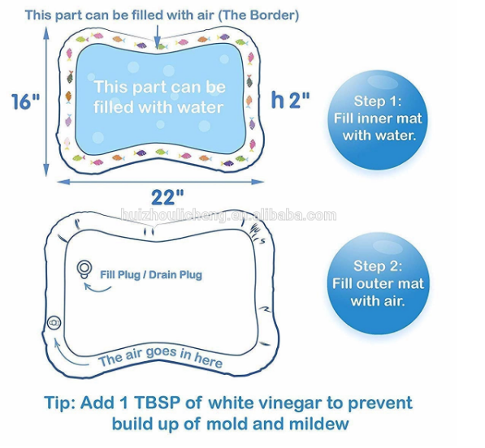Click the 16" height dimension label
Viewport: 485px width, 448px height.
26,101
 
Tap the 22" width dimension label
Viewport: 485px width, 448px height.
167,197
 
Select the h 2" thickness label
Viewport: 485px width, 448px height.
290,100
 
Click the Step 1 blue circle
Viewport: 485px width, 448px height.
378,119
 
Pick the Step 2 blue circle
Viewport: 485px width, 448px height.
378,283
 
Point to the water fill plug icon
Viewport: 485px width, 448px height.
84,269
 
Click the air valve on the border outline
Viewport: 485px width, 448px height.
54,323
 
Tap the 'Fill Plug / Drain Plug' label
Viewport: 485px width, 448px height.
151,274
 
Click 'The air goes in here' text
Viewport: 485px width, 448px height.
160,357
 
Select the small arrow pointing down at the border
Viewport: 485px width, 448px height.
158,37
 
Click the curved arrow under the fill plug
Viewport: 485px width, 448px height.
97,288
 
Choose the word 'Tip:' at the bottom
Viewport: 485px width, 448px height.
60,403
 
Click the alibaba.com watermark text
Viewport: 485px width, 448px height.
228,215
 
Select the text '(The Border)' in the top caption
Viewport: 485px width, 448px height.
258,15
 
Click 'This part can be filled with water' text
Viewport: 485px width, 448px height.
159,97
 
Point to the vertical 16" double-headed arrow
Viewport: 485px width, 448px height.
46,101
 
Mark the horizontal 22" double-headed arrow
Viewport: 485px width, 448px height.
161,182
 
